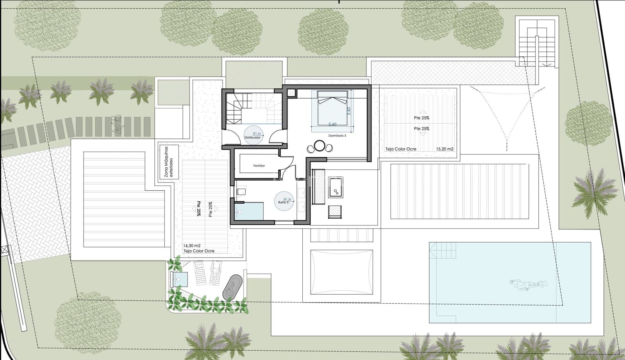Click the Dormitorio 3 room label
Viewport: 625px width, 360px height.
(337, 136)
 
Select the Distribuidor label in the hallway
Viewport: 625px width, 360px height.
(252, 138)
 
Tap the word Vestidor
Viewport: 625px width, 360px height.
(259, 166)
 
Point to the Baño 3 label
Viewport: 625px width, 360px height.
(283, 202)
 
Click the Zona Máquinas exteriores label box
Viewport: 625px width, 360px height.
(169, 162)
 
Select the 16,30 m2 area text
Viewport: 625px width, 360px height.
(191, 245)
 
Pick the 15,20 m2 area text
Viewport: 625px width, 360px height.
(445, 149)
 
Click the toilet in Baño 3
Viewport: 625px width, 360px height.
(241, 192)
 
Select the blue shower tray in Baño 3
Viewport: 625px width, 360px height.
(249, 211)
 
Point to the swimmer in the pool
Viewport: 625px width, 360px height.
(527, 285)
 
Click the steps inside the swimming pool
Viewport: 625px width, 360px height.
(443, 250)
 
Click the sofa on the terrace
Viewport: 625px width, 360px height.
(318, 186)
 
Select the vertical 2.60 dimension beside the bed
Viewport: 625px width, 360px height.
(349, 111)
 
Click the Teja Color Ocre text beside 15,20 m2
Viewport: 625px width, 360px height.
(401, 149)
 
